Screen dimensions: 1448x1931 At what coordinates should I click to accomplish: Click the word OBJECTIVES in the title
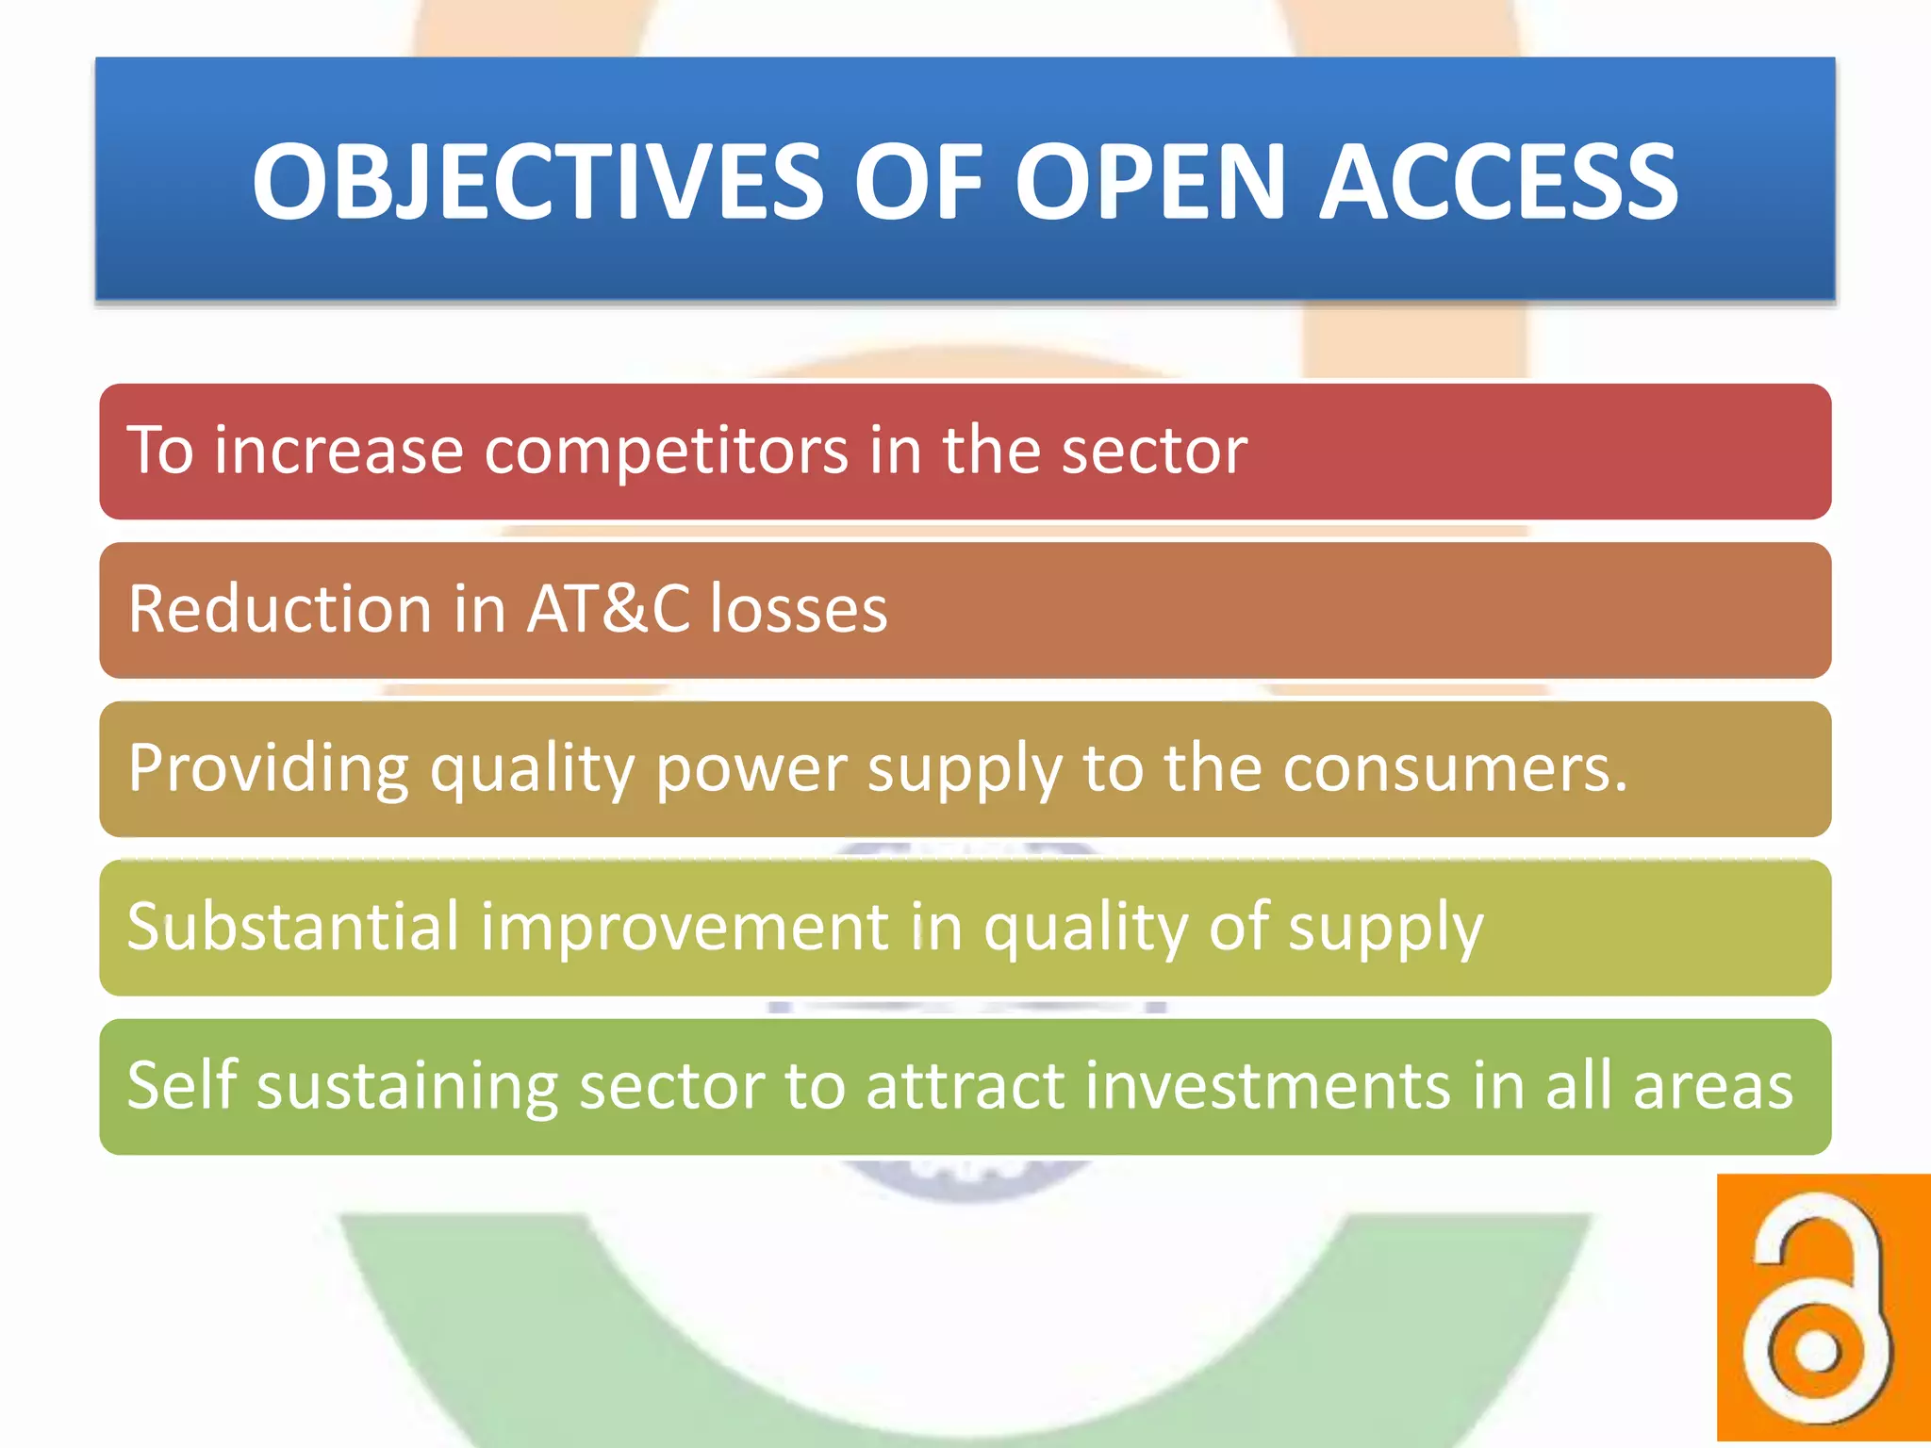[537, 181]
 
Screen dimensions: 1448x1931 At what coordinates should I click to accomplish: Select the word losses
[799, 609]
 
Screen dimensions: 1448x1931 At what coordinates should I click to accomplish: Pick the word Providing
[269, 768]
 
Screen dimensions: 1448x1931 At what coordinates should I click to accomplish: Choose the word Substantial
[293, 927]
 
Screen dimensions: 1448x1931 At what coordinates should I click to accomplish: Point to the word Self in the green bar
[181, 1085]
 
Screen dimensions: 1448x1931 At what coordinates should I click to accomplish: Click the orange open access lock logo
[1823, 1308]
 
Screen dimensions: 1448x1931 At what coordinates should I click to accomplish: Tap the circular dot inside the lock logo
[1816, 1350]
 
